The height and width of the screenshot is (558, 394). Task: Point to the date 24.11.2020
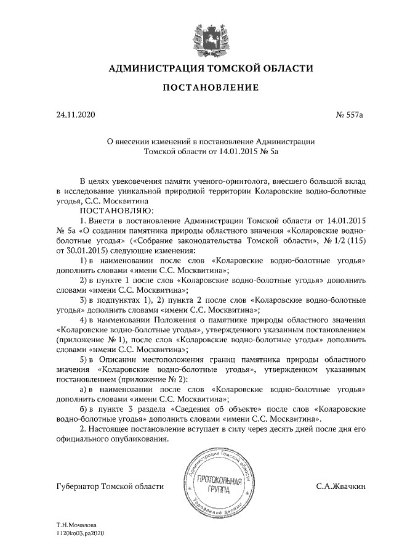[x=73, y=114]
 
